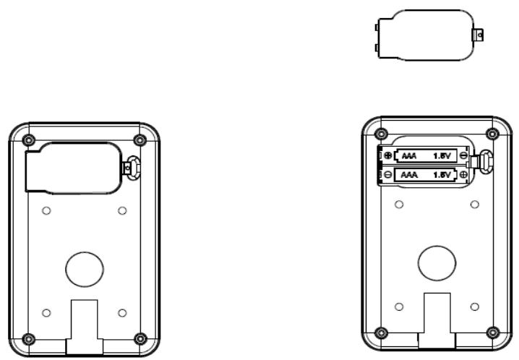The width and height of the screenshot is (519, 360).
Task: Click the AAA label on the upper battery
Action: coord(409,155)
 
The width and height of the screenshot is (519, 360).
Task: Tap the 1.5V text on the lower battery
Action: coord(442,174)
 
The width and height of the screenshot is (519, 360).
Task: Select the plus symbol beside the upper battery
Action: coord(388,155)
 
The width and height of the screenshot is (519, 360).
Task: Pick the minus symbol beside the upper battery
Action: coord(464,155)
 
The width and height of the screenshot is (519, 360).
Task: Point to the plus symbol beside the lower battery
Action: coord(464,174)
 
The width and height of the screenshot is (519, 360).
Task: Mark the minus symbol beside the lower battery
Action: coord(388,174)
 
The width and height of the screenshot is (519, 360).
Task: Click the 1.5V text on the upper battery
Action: coord(442,155)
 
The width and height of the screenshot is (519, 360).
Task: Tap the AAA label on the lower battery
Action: coord(409,174)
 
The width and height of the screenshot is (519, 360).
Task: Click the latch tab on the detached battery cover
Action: coord(479,35)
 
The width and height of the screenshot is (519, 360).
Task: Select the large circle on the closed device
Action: coord(85,270)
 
